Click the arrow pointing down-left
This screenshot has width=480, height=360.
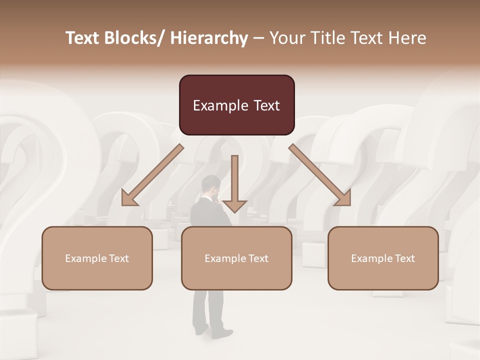click(x=152, y=175)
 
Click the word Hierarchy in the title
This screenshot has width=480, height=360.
click(x=209, y=38)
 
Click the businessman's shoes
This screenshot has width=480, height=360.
click(x=215, y=331)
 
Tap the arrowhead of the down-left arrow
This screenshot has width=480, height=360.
click(x=129, y=198)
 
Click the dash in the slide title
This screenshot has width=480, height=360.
click(x=259, y=38)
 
